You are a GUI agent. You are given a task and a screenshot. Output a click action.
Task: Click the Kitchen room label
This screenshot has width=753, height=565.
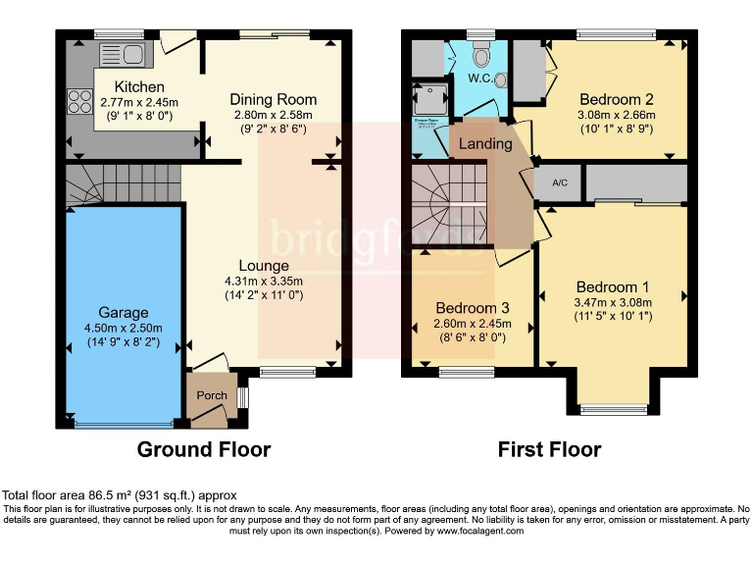tap(138, 86)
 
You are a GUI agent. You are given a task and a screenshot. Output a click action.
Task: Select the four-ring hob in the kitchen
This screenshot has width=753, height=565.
tap(76, 100)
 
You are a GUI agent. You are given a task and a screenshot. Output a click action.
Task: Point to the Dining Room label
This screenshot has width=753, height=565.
tap(274, 99)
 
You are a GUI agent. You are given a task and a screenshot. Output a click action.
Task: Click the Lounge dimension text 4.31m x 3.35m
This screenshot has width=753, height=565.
tap(263, 282)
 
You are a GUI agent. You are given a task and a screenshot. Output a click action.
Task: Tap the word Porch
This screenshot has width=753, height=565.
tap(212, 395)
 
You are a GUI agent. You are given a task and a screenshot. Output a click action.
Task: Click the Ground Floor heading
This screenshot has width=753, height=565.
tap(203, 449)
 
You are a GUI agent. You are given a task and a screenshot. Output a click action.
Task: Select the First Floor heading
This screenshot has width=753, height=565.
tap(549, 449)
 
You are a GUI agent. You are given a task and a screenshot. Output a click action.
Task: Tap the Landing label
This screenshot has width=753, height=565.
tap(487, 143)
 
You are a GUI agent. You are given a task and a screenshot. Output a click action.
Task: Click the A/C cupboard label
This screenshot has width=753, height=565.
tap(561, 183)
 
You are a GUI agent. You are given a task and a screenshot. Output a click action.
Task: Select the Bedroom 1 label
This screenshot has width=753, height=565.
tap(613, 286)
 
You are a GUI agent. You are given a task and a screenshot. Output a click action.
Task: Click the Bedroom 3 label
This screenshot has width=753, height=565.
tap(473, 306)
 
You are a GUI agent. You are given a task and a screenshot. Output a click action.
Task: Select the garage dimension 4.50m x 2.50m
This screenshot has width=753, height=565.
tap(123, 329)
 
